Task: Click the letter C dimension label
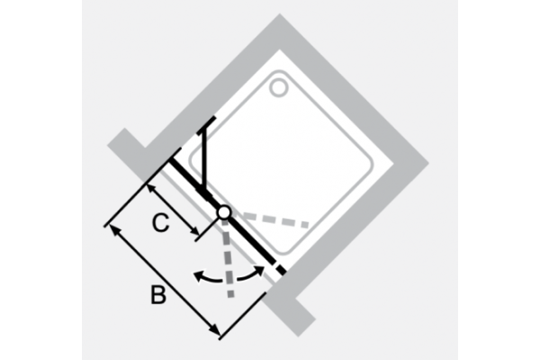(x=160, y=223)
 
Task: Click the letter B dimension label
(x=158, y=294)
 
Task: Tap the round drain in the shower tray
(x=279, y=87)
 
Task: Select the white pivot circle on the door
(x=224, y=212)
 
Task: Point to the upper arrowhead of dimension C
(x=150, y=188)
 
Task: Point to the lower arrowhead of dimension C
(x=195, y=232)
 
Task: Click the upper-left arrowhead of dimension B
(x=113, y=229)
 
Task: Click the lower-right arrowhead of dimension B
(x=214, y=329)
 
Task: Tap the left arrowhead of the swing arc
(x=198, y=276)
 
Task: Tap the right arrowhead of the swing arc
(x=260, y=270)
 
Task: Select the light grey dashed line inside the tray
(x=275, y=220)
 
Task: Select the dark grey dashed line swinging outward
(x=228, y=257)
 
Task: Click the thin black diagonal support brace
(x=205, y=160)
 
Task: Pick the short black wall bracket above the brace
(x=207, y=125)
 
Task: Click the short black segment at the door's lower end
(x=282, y=270)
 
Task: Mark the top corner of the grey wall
(x=280, y=13)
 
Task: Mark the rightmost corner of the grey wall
(x=428, y=164)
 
